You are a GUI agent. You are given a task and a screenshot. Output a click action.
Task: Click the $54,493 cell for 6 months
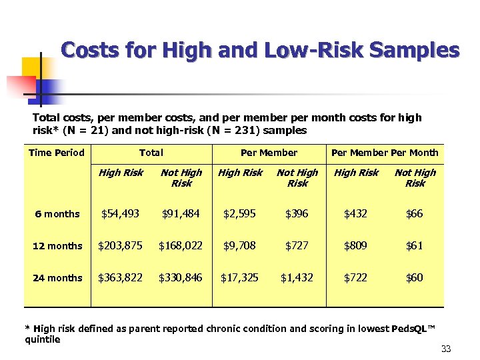click(120, 213)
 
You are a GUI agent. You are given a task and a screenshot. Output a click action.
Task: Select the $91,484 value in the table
click(180, 213)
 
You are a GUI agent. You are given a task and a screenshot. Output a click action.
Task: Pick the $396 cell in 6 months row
click(297, 213)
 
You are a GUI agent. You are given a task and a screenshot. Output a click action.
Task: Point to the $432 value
click(355, 213)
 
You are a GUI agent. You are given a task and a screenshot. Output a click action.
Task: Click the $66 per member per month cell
click(415, 213)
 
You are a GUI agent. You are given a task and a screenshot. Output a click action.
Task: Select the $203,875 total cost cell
click(120, 245)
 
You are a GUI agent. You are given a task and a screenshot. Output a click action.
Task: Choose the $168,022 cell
click(180, 245)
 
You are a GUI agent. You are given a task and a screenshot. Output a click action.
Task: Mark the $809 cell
click(355, 245)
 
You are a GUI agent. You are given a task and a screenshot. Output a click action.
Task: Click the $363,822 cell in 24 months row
click(120, 277)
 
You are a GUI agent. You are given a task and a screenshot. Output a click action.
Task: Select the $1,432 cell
click(297, 277)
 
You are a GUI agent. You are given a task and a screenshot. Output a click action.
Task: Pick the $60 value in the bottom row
click(415, 277)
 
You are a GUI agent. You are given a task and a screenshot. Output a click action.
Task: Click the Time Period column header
click(57, 153)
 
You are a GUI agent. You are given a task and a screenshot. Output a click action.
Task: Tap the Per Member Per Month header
click(385, 153)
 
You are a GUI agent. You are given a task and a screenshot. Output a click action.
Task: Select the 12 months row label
click(57, 246)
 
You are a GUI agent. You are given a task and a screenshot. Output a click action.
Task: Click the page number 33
click(446, 349)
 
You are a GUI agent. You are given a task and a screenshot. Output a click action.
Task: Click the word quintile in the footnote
click(42, 339)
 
